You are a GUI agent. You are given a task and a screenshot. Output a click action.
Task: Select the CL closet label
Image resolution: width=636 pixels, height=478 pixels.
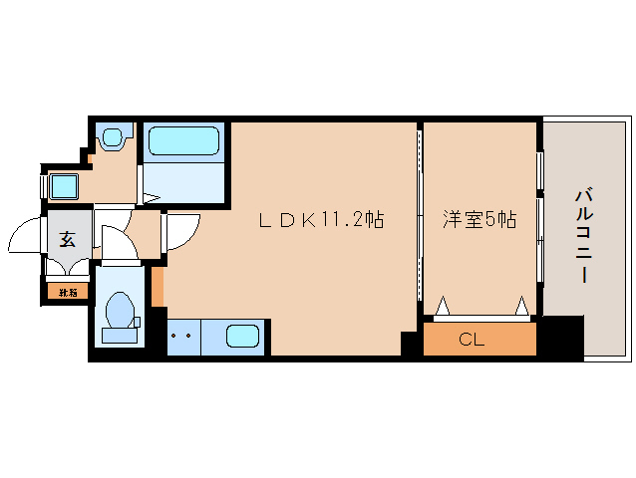pos(472,340)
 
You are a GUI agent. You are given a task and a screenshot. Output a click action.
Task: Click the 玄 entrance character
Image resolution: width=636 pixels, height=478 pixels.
pos(67,239)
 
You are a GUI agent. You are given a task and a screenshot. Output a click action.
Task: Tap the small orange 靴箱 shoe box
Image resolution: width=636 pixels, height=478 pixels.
pos(67,292)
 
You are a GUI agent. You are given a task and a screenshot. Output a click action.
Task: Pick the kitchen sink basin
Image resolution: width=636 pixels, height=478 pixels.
pos(243,336)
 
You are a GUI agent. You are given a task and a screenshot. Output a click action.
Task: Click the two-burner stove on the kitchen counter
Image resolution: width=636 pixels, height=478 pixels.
pos(181,336)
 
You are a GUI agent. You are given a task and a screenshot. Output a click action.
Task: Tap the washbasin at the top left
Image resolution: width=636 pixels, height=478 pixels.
pos(112,137)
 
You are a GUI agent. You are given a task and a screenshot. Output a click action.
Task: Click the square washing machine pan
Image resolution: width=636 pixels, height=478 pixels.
pos(65,186)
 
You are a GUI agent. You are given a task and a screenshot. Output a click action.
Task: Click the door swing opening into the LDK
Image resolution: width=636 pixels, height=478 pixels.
pos(177,232)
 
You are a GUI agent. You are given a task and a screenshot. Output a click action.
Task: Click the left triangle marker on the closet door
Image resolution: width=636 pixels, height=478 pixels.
pos(443,305)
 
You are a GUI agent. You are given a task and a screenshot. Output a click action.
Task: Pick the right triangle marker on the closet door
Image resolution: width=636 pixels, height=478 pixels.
pos(521,305)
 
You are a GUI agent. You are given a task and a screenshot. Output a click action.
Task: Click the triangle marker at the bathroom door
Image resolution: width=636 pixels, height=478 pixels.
pos(151,197)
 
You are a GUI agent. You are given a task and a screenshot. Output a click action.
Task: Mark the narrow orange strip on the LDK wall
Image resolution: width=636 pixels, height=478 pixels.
pos(158,287)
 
